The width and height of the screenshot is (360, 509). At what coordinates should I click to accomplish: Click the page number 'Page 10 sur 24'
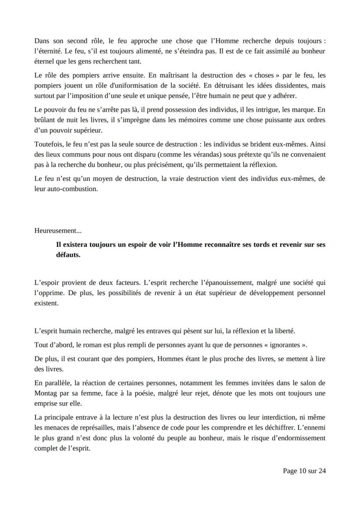304,471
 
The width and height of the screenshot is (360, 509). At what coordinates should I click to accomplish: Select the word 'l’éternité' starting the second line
47,50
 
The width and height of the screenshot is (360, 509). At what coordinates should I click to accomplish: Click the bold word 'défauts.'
68,255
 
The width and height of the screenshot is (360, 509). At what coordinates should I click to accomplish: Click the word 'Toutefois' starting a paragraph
48,144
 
